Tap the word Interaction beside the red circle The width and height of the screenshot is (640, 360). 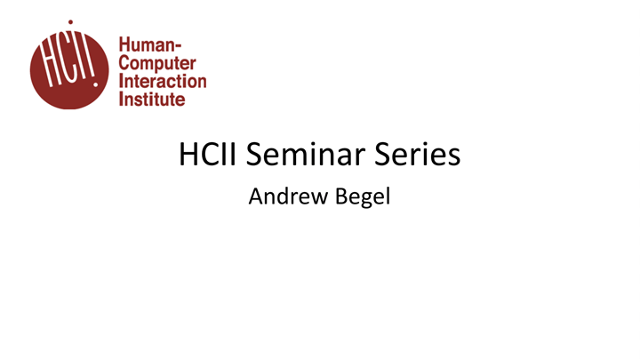pos(162,81)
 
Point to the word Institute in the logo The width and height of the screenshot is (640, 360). pos(151,99)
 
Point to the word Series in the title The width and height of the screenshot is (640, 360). pos(420,156)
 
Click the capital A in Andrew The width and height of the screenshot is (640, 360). pos(255,196)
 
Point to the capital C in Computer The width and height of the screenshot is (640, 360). pos(124,64)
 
